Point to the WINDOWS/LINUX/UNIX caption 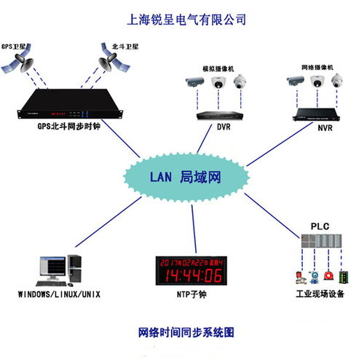(x=60, y=295)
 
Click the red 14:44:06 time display (x=192, y=275)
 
